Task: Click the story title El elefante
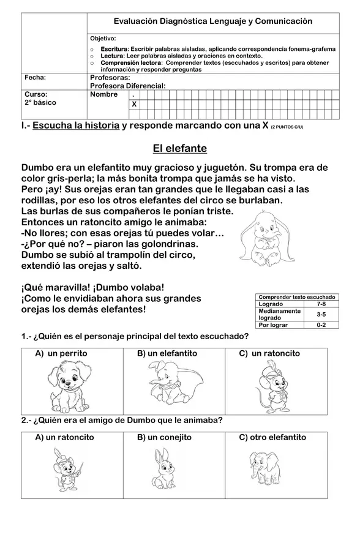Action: (179, 149)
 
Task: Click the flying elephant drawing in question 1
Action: (173, 384)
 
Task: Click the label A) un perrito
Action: (61, 353)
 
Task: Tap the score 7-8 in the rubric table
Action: (321, 304)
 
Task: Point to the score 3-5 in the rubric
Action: (321, 314)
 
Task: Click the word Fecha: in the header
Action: (36, 78)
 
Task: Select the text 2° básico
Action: (40, 103)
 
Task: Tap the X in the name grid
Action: (134, 105)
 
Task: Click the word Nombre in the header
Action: (104, 95)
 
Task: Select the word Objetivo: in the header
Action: (103, 39)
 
